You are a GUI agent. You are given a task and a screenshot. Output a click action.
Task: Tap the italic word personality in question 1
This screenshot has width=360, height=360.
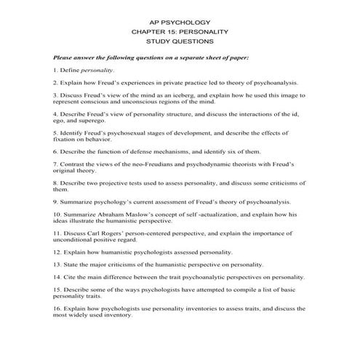click(x=97, y=70)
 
